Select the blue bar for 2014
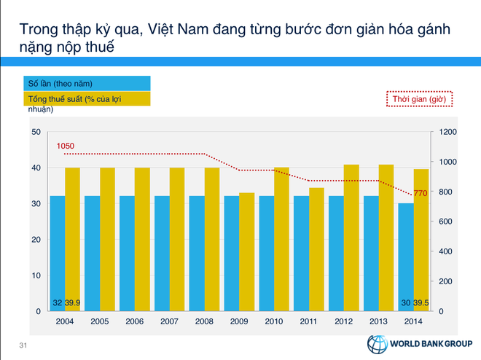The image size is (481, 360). [x=406, y=257]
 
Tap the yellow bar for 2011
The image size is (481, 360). [x=316, y=249]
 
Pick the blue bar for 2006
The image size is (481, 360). [x=127, y=253]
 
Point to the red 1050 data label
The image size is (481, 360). [x=66, y=146]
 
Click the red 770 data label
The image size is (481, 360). [x=421, y=193]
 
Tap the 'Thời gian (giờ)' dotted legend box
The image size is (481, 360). [x=418, y=98]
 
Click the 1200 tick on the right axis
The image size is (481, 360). [x=446, y=132]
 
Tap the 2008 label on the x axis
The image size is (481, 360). [x=204, y=321]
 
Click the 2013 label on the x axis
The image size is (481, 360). [x=378, y=321]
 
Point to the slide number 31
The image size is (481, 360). [x=23, y=345]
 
